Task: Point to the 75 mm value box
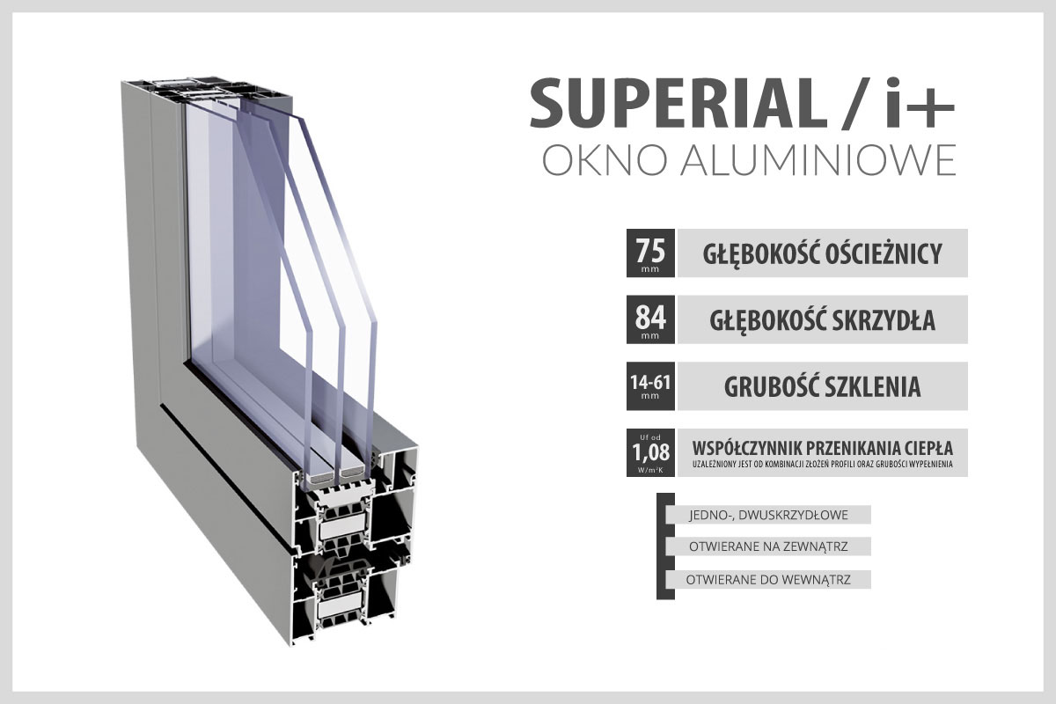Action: pyautogui.click(x=650, y=253)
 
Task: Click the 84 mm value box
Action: pyautogui.click(x=650, y=319)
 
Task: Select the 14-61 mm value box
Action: pyautogui.click(x=650, y=386)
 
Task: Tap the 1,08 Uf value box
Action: pyautogui.click(x=650, y=452)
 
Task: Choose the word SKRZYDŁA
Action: pyautogui.click(x=885, y=320)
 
